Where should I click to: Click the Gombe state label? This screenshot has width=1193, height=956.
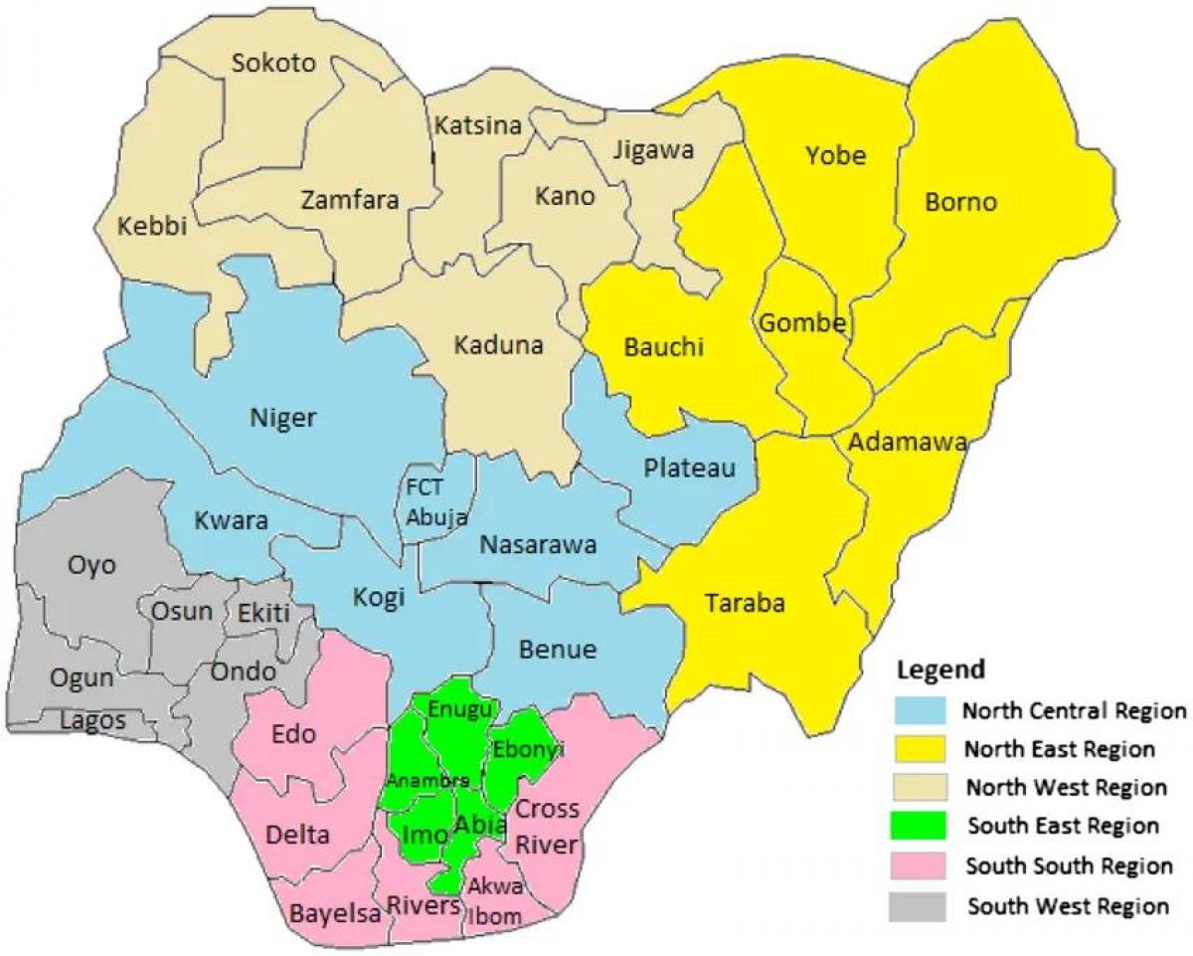click(802, 323)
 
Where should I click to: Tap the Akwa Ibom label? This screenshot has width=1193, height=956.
click(494, 900)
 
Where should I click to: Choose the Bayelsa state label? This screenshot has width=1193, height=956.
click(335, 913)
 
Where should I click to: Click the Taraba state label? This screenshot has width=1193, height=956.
click(745, 603)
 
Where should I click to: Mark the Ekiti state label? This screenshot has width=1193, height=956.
click(263, 613)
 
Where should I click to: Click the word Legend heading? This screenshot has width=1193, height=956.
click(940, 669)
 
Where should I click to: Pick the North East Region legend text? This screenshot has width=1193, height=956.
click(1060, 748)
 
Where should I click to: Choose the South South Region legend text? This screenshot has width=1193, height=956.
click(1068, 865)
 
